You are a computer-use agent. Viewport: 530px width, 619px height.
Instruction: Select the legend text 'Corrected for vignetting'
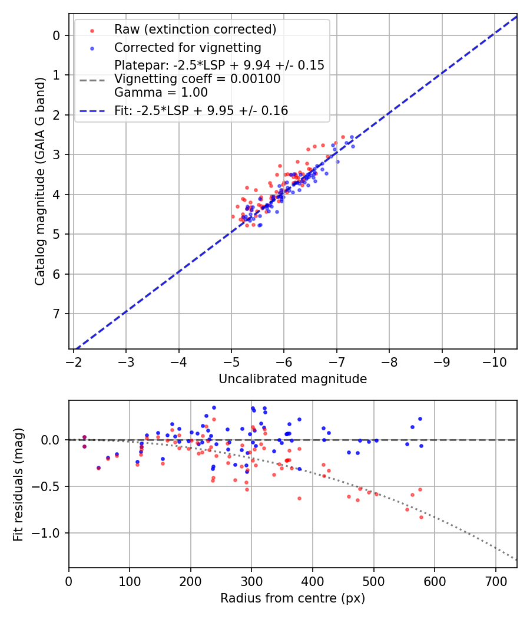pyautogui.click(x=188, y=47)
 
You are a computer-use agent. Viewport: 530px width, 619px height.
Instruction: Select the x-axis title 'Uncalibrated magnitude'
pyautogui.click(x=293, y=379)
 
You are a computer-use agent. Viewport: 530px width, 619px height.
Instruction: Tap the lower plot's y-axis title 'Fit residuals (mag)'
pyautogui.click(x=18, y=484)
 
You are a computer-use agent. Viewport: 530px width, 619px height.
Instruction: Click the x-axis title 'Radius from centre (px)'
pyautogui.click(x=293, y=598)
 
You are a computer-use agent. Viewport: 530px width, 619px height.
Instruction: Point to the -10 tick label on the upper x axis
pyautogui.click(x=494, y=361)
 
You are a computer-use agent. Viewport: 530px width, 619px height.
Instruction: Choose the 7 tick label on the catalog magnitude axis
pyautogui.click(x=57, y=314)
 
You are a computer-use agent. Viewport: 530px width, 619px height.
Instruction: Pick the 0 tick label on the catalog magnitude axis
pyautogui.click(x=57, y=35)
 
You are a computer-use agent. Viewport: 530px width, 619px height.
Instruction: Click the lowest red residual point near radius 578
pyautogui.click(x=421, y=517)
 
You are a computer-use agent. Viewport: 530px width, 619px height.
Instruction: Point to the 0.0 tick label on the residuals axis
pyautogui.click(x=52, y=440)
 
